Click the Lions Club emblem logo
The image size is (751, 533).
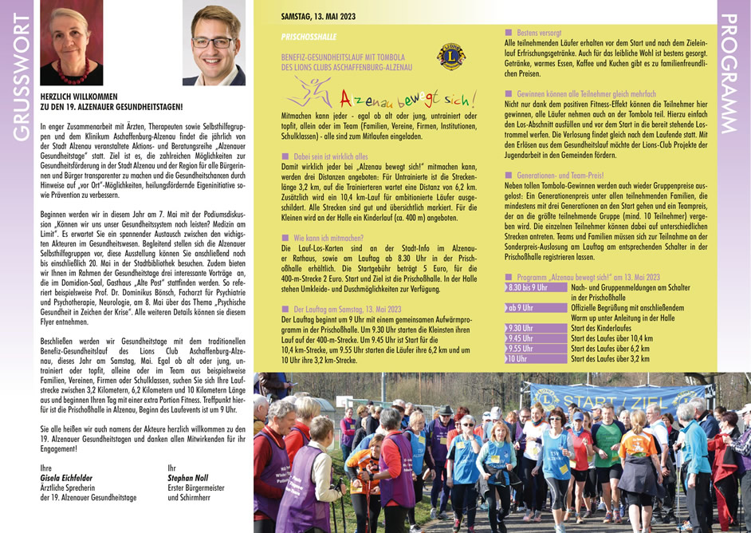click(450, 58)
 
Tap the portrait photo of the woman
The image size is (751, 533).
click(71, 42)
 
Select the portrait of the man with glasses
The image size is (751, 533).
click(214, 42)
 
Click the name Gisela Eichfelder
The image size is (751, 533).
click(66, 478)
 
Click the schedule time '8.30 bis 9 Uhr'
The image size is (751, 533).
click(527, 286)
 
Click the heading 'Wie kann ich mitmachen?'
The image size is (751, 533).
click(328, 238)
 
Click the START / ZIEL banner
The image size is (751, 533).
click(630, 397)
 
